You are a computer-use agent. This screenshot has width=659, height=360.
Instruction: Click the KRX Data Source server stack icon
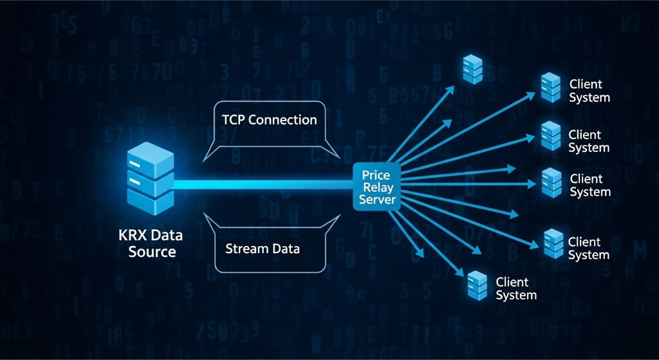click(150, 180)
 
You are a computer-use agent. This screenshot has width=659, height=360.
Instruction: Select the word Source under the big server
click(152, 251)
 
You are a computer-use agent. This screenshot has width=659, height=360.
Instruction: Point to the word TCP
click(233, 120)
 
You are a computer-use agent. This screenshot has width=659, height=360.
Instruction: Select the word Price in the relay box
click(376, 175)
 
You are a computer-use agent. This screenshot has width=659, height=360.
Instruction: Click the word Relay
click(376, 187)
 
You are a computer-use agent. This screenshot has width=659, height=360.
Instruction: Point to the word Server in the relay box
click(376, 200)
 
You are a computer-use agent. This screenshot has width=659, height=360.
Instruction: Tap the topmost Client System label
click(589, 91)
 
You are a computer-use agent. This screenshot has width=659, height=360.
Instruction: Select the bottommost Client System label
click(516, 289)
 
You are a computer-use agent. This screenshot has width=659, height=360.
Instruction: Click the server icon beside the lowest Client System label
click(477, 285)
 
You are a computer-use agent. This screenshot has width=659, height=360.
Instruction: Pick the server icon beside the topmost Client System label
click(550, 88)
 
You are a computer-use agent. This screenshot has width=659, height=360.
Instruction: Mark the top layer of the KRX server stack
click(151, 155)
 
